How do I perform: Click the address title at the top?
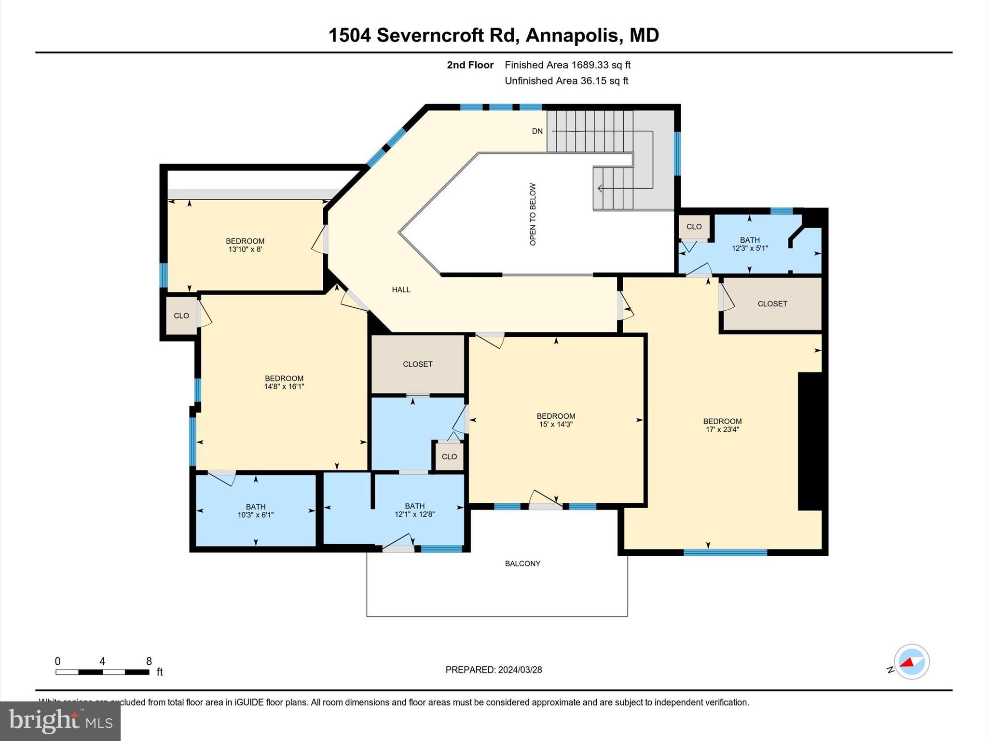[494, 35]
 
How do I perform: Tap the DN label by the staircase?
[537, 131]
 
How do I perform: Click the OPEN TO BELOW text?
[533, 214]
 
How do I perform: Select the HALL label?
[401, 290]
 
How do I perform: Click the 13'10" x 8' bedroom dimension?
[245, 249]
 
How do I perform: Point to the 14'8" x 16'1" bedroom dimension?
[284, 386]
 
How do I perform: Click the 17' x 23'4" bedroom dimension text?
[722, 429]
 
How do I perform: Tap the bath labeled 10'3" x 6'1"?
[256, 511]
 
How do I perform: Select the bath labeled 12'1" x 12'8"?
[415, 510]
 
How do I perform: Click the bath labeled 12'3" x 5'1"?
[750, 244]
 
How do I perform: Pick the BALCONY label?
[522, 563]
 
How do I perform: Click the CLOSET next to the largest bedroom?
[772, 304]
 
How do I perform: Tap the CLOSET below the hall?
[418, 364]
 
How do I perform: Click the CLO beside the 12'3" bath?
[694, 227]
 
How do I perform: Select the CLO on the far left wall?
[181, 316]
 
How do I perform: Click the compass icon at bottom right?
[911, 662]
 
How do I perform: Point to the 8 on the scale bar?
[149, 661]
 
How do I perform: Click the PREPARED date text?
[494, 670]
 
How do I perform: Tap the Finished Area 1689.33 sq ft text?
[567, 65]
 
